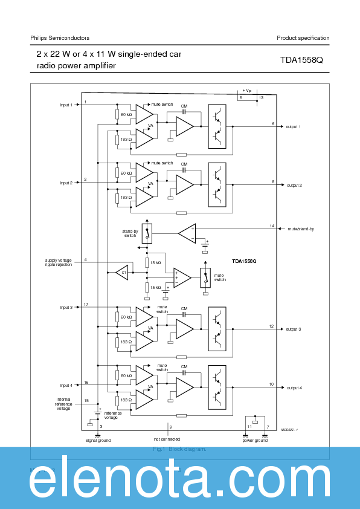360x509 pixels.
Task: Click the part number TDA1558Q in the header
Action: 301,60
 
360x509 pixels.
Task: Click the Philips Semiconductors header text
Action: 60,38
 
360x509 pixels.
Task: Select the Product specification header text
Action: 303,38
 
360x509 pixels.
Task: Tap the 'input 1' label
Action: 66,105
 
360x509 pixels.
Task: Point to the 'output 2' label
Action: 294,185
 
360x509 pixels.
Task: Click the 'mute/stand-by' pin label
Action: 301,229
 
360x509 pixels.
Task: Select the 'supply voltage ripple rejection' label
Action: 58,263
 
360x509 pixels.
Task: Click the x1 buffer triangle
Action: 123,273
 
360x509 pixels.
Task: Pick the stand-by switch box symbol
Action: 146,233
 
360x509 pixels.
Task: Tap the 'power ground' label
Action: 255,441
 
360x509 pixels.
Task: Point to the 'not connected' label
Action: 167,439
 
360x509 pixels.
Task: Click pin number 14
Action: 272,226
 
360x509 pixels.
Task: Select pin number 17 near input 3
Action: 86,304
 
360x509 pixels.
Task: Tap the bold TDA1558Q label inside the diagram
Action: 244,261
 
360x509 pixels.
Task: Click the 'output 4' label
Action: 294,387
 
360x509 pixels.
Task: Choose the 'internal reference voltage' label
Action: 63,404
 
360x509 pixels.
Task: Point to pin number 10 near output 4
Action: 272,384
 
